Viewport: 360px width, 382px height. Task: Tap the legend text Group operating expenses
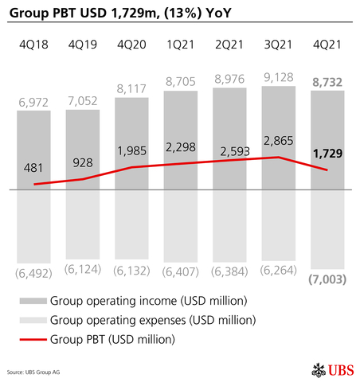click(x=152, y=320)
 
